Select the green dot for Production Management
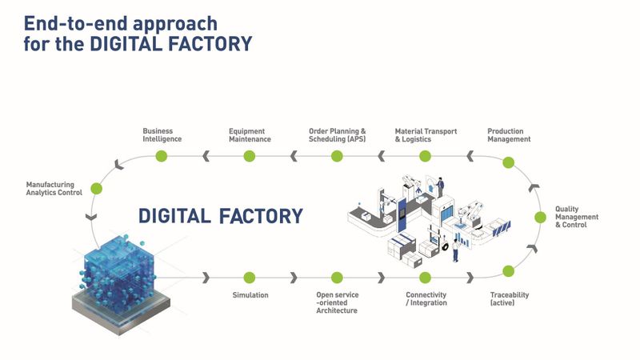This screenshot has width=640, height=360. click(x=507, y=162)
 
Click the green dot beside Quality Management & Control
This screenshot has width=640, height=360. click(x=542, y=217)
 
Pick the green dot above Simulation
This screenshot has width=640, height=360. click(x=249, y=277)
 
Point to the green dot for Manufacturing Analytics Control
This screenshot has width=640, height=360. click(x=97, y=189)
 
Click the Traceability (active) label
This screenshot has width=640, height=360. click(x=509, y=299)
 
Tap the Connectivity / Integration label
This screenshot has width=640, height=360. click(x=426, y=299)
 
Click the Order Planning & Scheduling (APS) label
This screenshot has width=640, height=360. click(x=337, y=135)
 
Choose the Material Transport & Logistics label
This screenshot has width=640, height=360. click(x=426, y=135)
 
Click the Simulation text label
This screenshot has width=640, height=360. click(x=250, y=295)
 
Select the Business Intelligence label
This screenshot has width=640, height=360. click(x=162, y=135)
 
